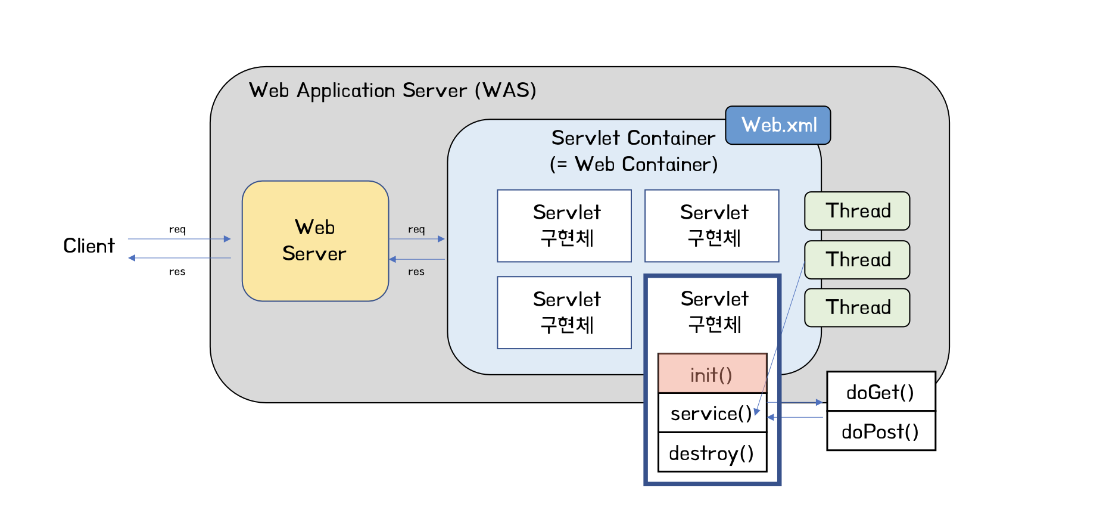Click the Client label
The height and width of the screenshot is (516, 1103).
pyautogui.click(x=89, y=245)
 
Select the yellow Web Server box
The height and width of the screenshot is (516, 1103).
pyautogui.click(x=315, y=241)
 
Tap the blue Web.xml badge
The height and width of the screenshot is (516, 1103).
pyautogui.click(x=778, y=125)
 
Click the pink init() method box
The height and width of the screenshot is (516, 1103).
pyautogui.click(x=712, y=374)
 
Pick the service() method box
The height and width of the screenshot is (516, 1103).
pyautogui.click(x=712, y=414)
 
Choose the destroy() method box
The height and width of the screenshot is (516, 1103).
pyautogui.click(x=712, y=453)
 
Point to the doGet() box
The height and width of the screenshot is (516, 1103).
pyautogui.click(x=880, y=392)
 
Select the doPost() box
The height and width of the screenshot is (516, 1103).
pyautogui.click(x=880, y=431)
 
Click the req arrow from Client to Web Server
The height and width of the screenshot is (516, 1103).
pyautogui.click(x=179, y=239)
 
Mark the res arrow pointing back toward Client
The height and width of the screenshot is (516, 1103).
pyautogui.click(x=179, y=258)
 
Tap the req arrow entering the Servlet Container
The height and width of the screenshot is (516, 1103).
pyautogui.click(x=417, y=239)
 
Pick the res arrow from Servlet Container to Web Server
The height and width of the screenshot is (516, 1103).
pyautogui.click(x=417, y=259)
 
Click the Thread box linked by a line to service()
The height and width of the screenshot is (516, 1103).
pyautogui.click(x=857, y=260)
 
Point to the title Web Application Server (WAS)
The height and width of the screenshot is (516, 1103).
pyautogui.click(x=392, y=91)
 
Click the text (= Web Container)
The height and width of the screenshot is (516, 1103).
pyautogui.click(x=634, y=164)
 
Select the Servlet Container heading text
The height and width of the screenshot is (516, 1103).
pyautogui.click(x=633, y=138)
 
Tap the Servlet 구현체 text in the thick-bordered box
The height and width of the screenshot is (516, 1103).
pyautogui.click(x=714, y=312)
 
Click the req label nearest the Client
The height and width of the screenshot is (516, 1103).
pyautogui.click(x=177, y=229)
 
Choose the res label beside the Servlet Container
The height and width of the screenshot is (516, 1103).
pyautogui.click(x=416, y=272)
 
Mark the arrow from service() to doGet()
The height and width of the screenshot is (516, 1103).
pyautogui.click(x=795, y=403)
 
